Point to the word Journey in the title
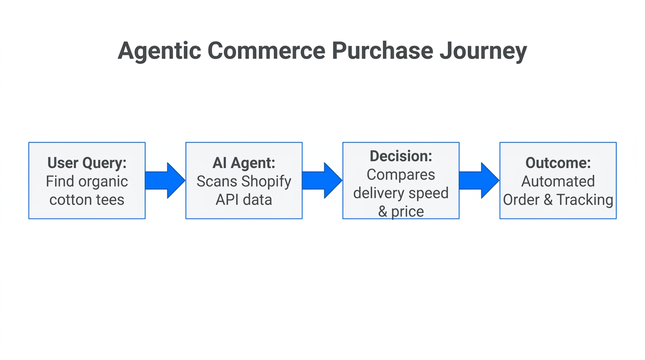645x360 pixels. click(483, 51)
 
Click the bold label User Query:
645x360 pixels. click(87, 163)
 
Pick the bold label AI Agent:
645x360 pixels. click(244, 163)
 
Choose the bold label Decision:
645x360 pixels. click(401, 156)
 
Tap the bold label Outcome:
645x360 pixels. click(558, 163)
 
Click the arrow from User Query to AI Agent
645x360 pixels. click(165, 180)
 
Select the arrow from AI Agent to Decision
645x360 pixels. click(322, 180)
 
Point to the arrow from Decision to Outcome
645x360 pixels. click(479, 180)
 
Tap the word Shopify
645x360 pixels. click(267, 181)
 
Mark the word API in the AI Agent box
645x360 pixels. click(227, 200)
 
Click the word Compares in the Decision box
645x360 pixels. click(401, 174)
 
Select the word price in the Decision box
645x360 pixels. click(407, 211)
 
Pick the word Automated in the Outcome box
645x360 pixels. click(558, 181)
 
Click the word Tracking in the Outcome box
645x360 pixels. click(585, 200)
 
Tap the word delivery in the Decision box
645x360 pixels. click(380, 193)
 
